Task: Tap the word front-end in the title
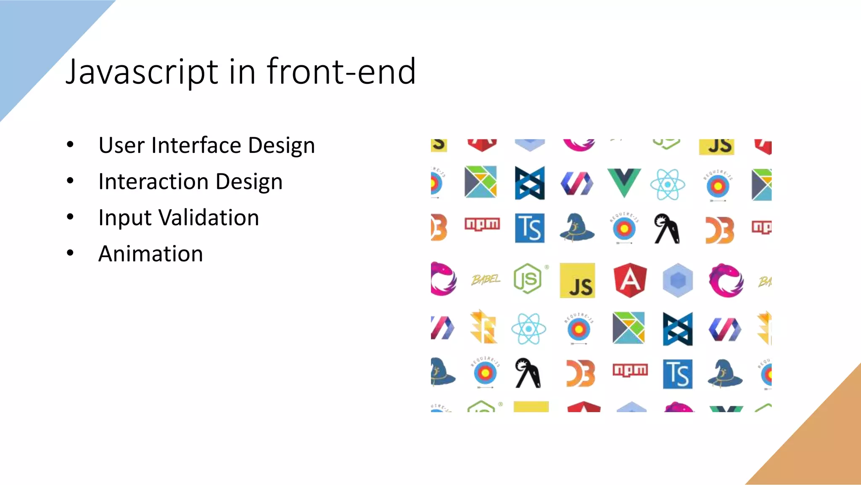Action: tap(341, 72)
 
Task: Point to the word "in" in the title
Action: tap(242, 72)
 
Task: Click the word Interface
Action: tap(196, 146)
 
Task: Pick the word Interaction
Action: tap(153, 182)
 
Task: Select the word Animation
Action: tap(151, 254)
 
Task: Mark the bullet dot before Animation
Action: tap(70, 253)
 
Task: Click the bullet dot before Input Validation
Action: tap(70, 217)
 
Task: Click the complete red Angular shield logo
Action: tap(630, 280)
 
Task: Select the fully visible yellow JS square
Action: tap(577, 280)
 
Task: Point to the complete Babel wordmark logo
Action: tap(486, 280)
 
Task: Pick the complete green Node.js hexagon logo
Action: tap(528, 279)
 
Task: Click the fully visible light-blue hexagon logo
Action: tap(678, 280)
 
